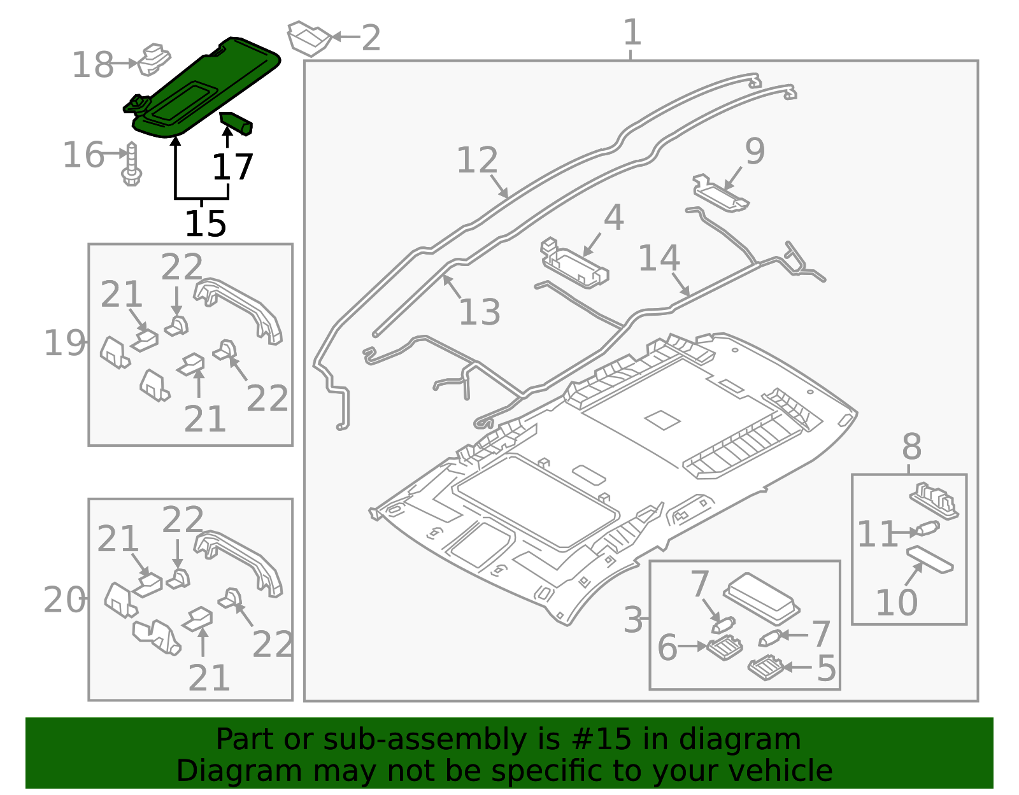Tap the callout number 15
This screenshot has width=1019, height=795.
click(205, 224)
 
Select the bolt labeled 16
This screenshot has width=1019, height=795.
click(132, 164)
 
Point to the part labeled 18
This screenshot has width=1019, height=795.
click(154, 59)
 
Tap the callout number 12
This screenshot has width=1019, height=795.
click(477, 160)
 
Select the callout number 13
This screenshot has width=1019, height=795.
click(479, 312)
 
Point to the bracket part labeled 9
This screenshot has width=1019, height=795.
click(720, 193)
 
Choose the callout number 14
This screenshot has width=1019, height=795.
click(659, 258)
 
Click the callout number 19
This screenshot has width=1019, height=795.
click(64, 343)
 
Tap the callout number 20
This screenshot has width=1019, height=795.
click(64, 600)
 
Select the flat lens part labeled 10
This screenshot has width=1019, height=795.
click(930, 558)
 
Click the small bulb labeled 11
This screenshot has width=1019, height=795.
click(927, 529)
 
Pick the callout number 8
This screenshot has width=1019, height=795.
click(911, 447)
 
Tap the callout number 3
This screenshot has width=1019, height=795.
click(633, 620)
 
